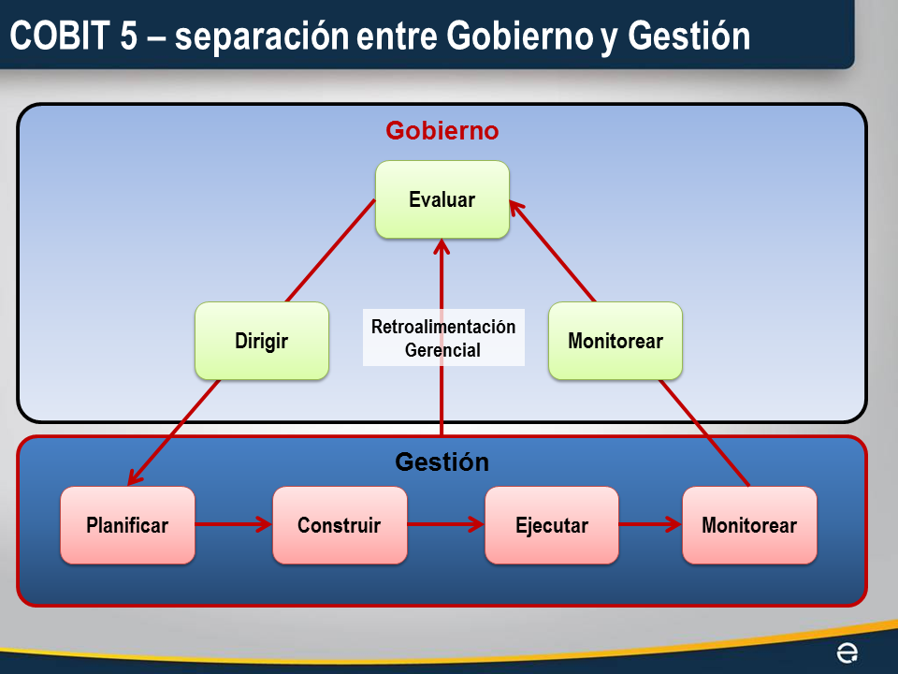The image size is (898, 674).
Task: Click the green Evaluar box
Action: (x=442, y=199)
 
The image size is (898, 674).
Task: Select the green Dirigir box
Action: (x=262, y=341)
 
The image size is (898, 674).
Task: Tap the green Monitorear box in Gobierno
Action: (x=615, y=341)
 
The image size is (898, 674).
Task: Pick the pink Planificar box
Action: (x=127, y=525)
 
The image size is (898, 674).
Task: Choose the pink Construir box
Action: (x=340, y=525)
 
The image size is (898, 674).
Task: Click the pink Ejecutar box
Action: (x=551, y=525)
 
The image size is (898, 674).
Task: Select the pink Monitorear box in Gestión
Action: (x=749, y=525)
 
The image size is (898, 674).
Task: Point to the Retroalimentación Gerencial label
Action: (x=443, y=339)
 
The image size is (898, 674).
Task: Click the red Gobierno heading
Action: (x=442, y=131)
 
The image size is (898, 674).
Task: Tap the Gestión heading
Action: (x=442, y=462)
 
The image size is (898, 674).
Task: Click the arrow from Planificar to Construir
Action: (x=234, y=525)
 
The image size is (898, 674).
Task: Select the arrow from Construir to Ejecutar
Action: (x=445, y=525)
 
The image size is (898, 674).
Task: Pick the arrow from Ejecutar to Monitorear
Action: (x=650, y=525)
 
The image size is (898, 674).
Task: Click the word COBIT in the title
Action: (x=62, y=37)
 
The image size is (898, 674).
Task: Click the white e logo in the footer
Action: (x=847, y=652)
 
